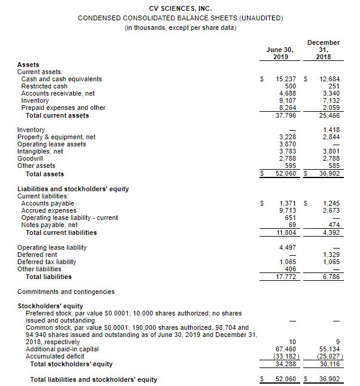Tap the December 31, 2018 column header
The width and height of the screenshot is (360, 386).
[x=324, y=50]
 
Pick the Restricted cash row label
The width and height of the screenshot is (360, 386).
[x=45, y=86]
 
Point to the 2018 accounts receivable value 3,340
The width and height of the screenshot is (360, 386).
[x=330, y=93]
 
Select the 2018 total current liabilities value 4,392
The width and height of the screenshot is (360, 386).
[x=330, y=232]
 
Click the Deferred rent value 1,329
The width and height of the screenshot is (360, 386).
[x=330, y=255]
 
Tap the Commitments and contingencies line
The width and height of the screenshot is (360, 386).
[x=66, y=292]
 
